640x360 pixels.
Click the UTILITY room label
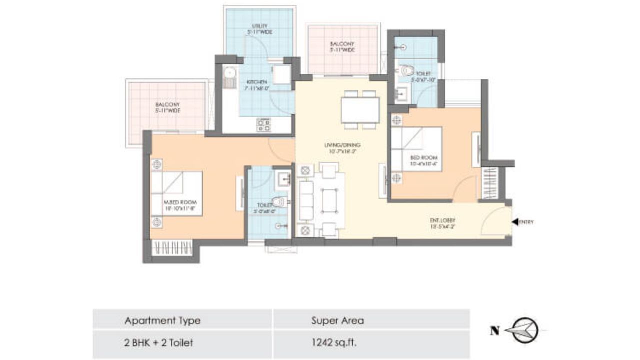pos(259,29)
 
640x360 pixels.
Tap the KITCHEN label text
pos(256,85)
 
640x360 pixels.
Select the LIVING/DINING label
pos(342,148)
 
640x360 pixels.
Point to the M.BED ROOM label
pos(176,205)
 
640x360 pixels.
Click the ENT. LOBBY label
pos(442,222)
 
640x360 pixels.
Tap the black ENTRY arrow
pos(514,222)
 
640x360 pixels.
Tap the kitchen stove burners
pos(264,124)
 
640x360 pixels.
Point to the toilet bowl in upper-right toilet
pos(407,70)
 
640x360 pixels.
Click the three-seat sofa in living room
pos(305,200)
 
